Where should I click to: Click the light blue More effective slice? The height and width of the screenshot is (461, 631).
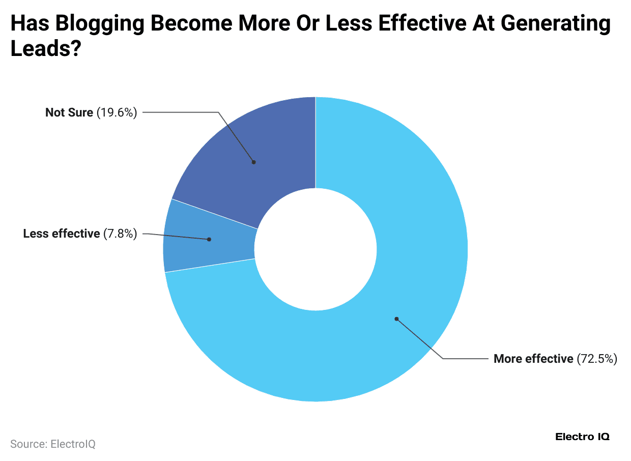point(407,254)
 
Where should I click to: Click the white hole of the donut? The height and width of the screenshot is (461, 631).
point(315,249)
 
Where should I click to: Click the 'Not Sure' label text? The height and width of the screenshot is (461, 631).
point(69,112)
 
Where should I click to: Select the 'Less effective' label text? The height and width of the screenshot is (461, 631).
point(62,234)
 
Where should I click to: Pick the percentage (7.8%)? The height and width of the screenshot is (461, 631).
point(120,234)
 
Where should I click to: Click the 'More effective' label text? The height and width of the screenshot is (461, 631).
point(533,359)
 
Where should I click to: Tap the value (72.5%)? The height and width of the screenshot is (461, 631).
point(597,359)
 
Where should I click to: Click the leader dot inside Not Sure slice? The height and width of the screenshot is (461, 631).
point(253,162)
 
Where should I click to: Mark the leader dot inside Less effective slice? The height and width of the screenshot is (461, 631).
point(209,239)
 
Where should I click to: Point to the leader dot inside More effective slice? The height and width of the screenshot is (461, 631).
point(396,319)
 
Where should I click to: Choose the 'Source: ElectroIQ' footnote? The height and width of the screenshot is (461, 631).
point(53,444)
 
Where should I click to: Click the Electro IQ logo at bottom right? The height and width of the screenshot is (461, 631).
point(582,437)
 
